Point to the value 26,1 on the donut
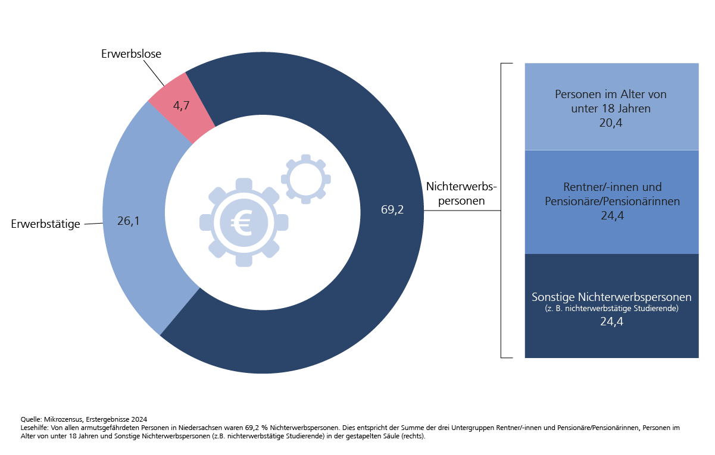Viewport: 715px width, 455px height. (129, 221)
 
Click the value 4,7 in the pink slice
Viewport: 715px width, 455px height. (182, 106)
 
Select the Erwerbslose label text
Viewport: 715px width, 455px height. (131, 54)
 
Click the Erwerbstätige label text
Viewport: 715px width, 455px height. (46, 224)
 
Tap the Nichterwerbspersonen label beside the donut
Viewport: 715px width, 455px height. (461, 194)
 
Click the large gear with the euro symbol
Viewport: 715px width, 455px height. (243, 222)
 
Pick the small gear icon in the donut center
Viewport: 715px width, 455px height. (305, 178)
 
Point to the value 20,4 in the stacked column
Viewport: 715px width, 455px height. (611, 123)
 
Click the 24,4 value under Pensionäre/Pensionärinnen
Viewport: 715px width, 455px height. (612, 216)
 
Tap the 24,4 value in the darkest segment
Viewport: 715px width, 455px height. (611, 322)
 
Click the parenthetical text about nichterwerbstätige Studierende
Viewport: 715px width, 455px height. (611, 309)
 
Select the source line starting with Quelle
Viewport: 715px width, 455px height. (83, 419)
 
